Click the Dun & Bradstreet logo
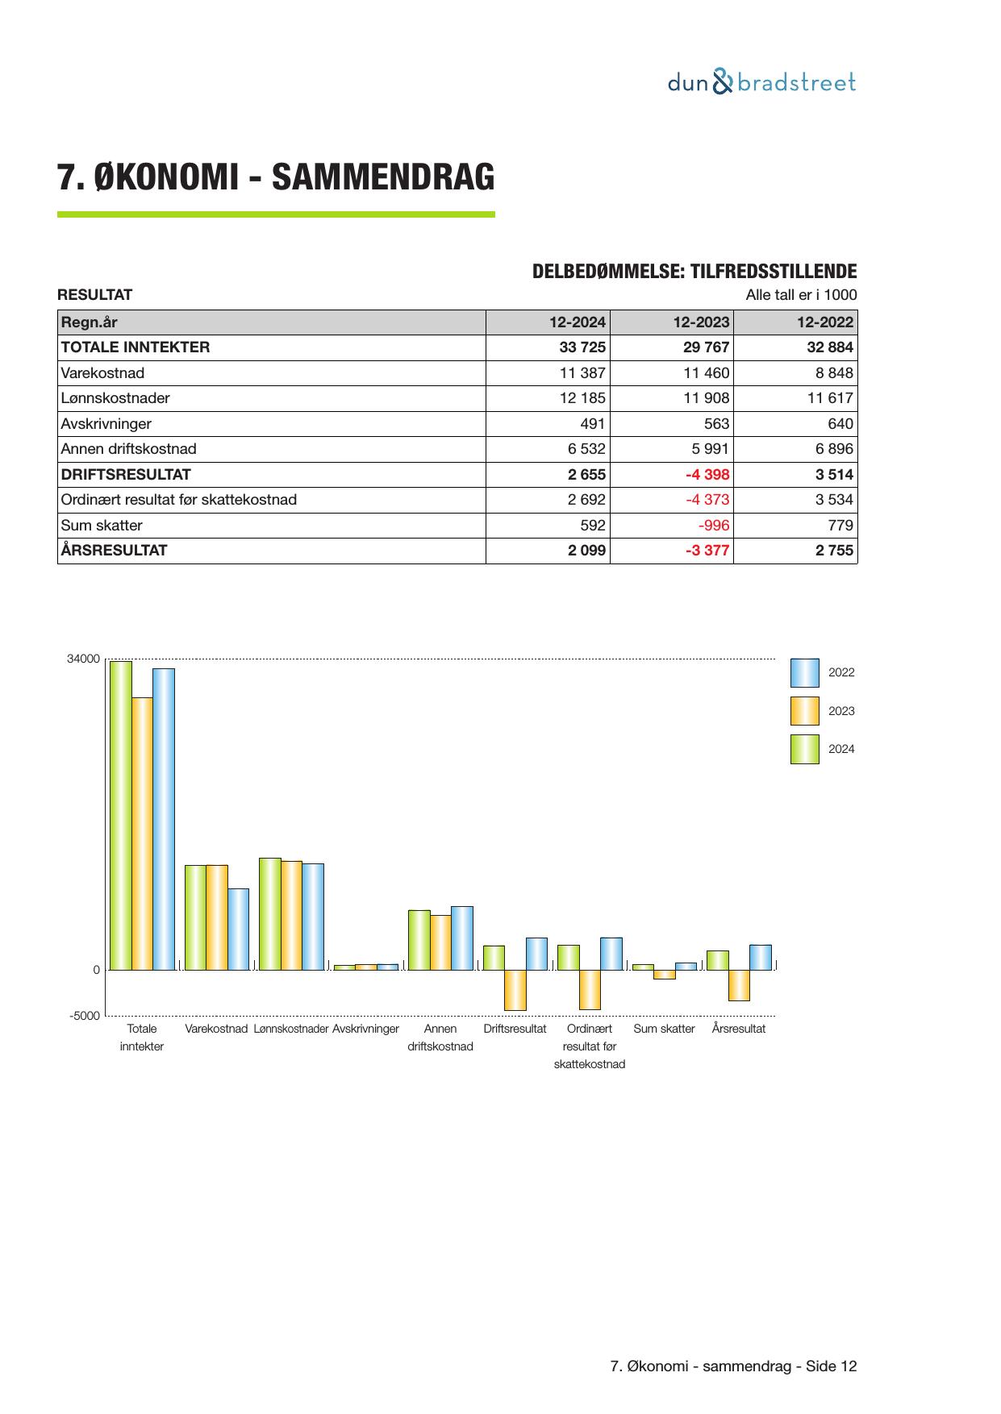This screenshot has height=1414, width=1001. [761, 82]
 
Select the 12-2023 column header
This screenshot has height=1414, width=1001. [701, 322]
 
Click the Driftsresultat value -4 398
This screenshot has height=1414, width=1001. [707, 474]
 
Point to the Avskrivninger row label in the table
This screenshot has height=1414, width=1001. [106, 424]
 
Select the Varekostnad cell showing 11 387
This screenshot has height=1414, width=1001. [582, 373]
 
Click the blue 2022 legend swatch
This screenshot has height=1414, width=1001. [804, 672]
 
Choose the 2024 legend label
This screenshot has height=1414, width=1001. [841, 749]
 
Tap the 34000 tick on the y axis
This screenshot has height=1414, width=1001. [83, 659]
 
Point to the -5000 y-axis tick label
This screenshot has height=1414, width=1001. [85, 1016]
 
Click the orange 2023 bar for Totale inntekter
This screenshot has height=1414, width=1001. [142, 833]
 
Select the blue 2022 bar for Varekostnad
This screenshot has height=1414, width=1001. [238, 929]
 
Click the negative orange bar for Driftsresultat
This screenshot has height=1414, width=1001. [515, 990]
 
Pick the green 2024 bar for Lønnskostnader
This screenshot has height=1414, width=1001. [269, 913]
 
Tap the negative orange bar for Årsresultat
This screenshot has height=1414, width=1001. [739, 985]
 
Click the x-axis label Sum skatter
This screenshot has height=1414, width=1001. [664, 1029]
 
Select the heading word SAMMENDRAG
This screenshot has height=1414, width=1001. [383, 177]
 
